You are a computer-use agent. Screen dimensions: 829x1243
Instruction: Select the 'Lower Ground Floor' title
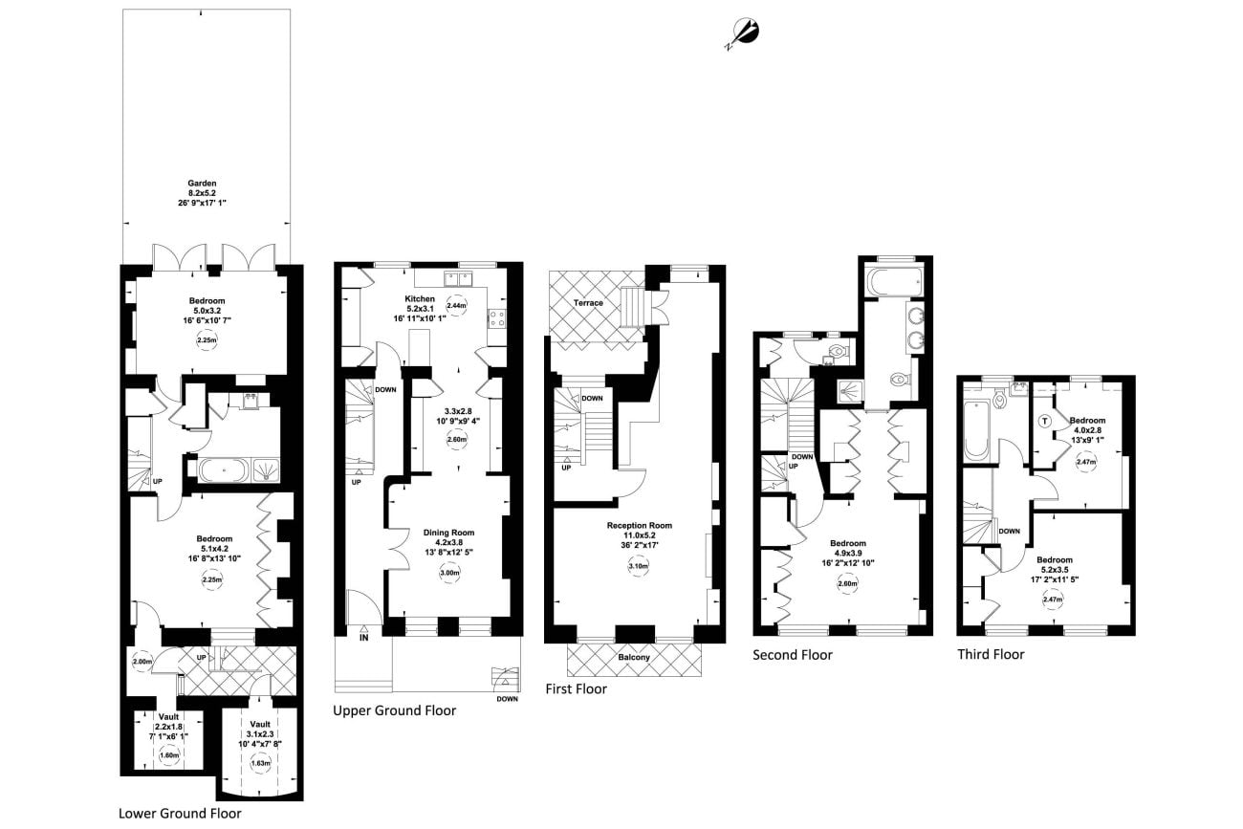coord(180,814)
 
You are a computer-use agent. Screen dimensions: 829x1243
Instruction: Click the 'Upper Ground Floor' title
coord(394,710)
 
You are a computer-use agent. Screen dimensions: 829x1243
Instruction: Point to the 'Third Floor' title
coord(991,655)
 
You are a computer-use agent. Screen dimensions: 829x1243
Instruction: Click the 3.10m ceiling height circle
coord(638,566)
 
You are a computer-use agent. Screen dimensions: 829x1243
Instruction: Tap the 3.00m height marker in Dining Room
coord(448,574)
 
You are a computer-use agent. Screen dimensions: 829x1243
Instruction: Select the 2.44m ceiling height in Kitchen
coord(456,305)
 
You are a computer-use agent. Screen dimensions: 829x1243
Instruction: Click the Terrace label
coord(588,303)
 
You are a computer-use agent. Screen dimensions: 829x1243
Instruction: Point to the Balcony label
coord(633,658)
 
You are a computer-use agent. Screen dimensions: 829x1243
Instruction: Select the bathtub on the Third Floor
coord(976,430)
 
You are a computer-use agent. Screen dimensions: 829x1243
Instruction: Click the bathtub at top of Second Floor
coord(890,281)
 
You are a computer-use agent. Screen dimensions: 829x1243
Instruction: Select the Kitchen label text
coord(421,298)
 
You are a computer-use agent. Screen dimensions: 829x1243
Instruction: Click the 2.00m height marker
coord(142,662)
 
